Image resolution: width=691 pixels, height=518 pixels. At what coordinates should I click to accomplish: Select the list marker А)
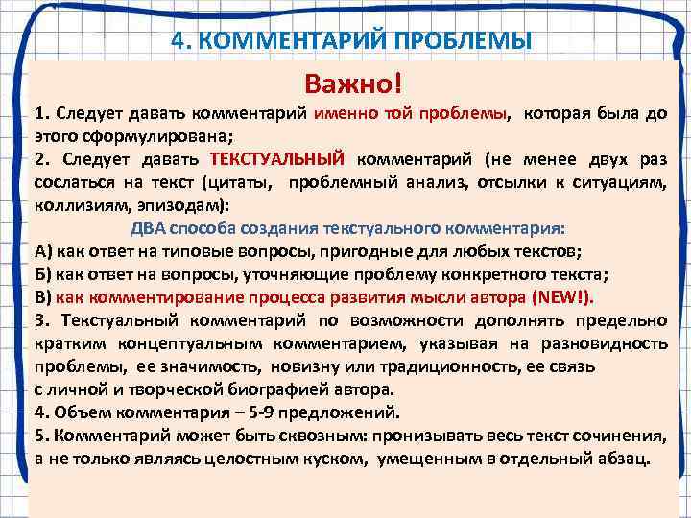coord(44,251)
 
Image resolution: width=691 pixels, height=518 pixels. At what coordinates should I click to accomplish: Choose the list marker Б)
coord(43,273)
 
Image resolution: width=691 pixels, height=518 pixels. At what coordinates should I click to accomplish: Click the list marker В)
coord(43,296)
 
